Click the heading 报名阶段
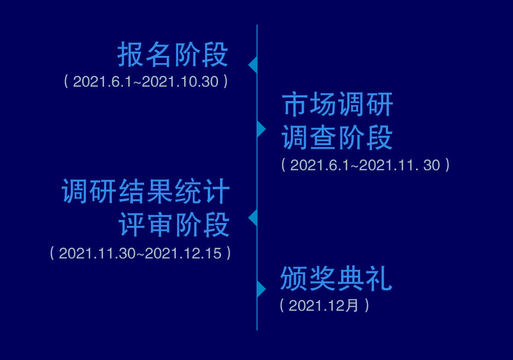tap(172, 54)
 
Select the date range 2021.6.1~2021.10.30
tap(146, 82)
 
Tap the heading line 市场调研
tap(337, 104)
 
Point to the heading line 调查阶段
tap(337, 137)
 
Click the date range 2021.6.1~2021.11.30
tap(365, 165)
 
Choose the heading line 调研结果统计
tap(146, 191)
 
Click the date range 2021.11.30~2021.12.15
tap(141, 253)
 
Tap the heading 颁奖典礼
tap(337, 278)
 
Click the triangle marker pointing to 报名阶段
tap(252, 65)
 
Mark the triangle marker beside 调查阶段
tap(262, 129)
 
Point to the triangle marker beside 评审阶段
tap(252, 217)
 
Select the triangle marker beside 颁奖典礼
tap(262, 289)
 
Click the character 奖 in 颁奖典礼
tap(322, 278)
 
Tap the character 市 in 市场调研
tap(295, 104)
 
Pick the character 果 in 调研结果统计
tap(160, 191)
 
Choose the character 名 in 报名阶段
tap(158, 54)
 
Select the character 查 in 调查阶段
tap(323, 137)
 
